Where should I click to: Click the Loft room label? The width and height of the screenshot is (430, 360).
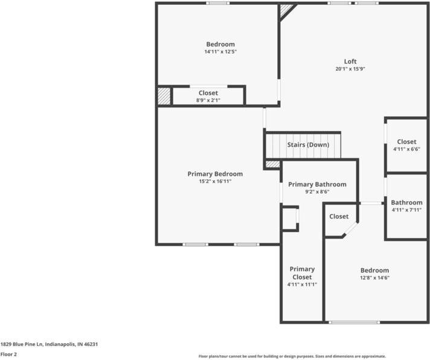(350, 61)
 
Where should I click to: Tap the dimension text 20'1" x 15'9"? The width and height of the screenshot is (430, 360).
(350, 69)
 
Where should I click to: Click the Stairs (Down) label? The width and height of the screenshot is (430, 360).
(307, 145)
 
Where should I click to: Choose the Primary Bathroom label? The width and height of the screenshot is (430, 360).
(317, 184)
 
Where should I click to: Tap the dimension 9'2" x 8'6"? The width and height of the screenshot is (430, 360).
(317, 191)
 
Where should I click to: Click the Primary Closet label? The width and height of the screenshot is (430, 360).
(302, 273)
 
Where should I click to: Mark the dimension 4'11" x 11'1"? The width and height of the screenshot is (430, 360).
(302, 284)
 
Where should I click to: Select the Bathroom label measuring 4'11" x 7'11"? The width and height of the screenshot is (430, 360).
(406, 202)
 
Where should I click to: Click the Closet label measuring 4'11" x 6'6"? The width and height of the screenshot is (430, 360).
(406, 141)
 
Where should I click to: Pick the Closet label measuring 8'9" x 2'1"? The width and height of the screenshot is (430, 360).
(208, 92)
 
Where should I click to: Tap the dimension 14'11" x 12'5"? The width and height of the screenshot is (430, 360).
(220, 52)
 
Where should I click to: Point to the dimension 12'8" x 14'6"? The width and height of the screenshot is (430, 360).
(374, 278)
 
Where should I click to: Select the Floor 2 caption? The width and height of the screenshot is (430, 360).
(8, 355)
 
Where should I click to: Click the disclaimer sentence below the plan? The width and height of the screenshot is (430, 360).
(292, 356)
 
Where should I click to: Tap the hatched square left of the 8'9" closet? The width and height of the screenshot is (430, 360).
(164, 96)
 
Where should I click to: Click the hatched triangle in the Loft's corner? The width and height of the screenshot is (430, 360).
(286, 10)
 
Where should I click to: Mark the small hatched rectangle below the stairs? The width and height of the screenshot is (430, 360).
(273, 164)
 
